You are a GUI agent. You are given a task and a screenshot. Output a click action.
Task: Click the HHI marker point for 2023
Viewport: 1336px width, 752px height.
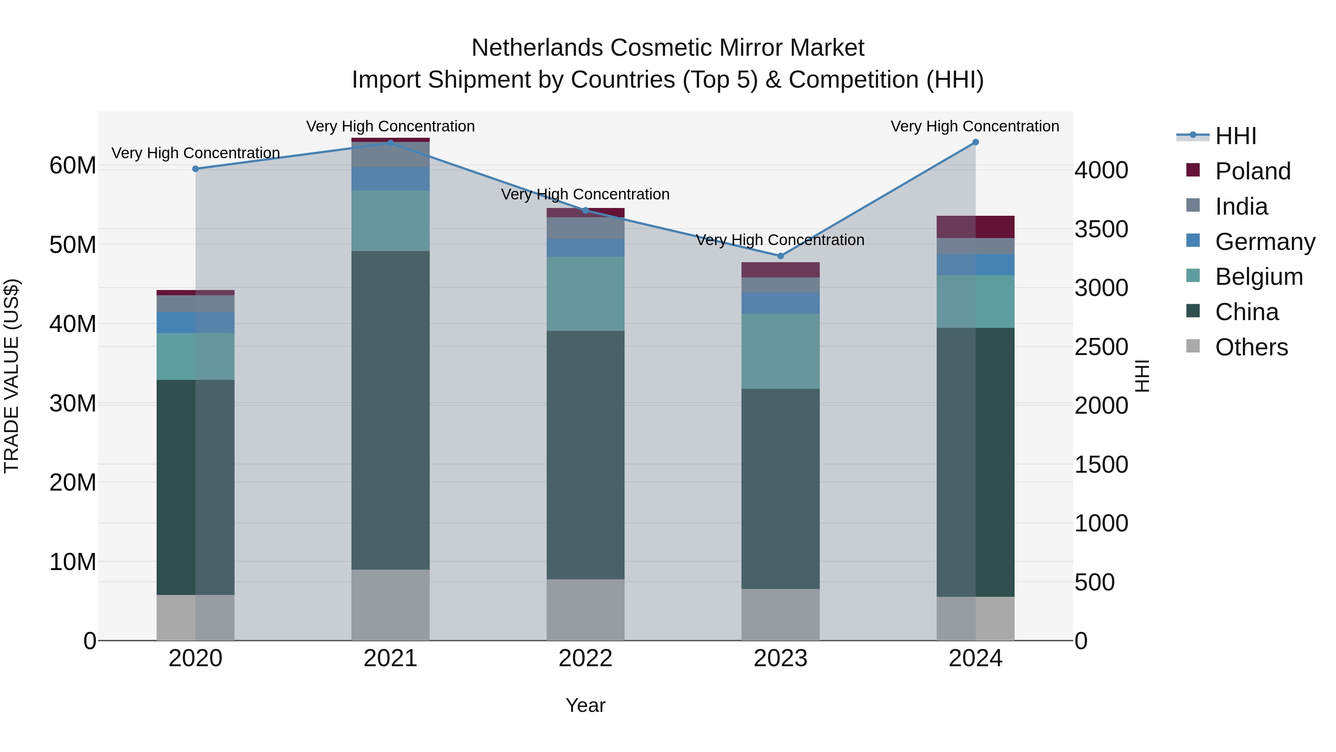(x=780, y=256)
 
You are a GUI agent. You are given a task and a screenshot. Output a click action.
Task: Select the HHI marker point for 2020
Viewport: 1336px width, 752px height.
(x=196, y=169)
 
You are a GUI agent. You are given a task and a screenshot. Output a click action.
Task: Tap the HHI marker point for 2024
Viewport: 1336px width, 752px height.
(x=976, y=142)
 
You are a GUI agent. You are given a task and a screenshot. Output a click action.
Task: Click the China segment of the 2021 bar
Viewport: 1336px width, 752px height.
(x=390, y=410)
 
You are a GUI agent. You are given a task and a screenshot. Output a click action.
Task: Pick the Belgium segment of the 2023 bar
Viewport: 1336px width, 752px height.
(x=780, y=351)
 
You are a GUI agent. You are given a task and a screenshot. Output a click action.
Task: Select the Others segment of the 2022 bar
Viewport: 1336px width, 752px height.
(x=586, y=610)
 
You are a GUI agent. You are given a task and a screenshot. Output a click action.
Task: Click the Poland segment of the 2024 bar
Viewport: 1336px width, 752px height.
(x=976, y=227)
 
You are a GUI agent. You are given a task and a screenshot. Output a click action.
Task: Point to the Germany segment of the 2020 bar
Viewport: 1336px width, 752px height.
(x=196, y=322)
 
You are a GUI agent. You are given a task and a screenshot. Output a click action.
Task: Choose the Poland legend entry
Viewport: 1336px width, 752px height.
(x=1252, y=171)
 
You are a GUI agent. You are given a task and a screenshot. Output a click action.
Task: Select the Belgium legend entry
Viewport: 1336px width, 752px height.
(x=1259, y=277)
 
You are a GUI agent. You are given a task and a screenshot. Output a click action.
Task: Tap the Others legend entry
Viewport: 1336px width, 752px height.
(x=1251, y=347)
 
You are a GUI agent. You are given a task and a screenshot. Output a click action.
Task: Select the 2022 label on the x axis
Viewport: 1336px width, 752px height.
(x=586, y=658)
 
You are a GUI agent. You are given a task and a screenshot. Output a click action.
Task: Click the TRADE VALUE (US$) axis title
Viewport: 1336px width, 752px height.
(x=12, y=376)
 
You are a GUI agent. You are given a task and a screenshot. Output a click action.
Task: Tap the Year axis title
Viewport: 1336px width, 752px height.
(x=586, y=705)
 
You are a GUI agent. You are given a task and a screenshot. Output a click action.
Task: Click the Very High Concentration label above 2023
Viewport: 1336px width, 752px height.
(x=780, y=240)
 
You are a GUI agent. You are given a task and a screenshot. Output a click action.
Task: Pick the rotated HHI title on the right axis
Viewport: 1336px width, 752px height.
(x=1142, y=376)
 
